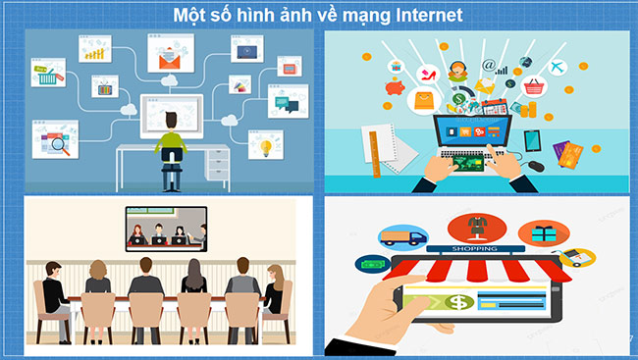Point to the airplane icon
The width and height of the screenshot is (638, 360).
(558, 66)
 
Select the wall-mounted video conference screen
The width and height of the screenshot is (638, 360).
(165, 230)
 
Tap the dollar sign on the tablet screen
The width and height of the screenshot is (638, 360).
(457, 301)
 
